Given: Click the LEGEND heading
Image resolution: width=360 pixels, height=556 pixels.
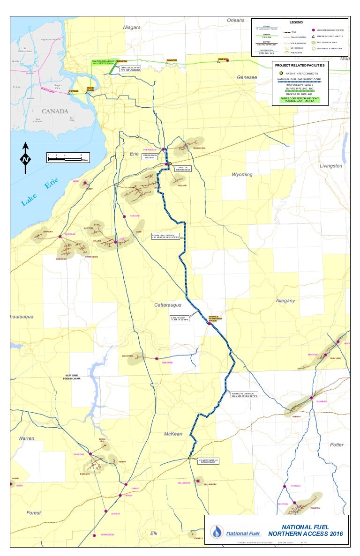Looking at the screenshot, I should click(x=296, y=22).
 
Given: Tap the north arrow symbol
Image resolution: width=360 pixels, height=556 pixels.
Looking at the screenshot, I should click(x=25, y=159).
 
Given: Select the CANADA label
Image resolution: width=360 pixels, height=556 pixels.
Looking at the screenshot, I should click(x=55, y=111).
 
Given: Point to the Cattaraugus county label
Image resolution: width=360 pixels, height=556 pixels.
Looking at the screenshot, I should click(x=168, y=305).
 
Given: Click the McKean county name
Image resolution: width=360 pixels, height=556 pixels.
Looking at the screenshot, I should click(x=173, y=434).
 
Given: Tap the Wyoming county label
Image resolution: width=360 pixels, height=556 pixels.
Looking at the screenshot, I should click(x=242, y=175).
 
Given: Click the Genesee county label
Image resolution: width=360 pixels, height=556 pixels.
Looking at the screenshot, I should click(x=247, y=77).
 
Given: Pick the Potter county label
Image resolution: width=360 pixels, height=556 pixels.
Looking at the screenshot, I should click(x=337, y=445).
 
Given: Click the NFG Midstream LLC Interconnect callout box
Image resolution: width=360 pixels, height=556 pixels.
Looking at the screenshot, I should click(x=208, y=461).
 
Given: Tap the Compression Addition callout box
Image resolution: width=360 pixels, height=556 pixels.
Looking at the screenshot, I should click(x=150, y=156).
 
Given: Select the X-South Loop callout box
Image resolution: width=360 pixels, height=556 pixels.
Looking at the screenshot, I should click(x=180, y=319).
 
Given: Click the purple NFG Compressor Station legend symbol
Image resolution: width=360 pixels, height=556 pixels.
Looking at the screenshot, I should click(x=313, y=30).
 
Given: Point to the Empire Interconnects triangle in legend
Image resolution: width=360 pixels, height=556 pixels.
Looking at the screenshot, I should click(x=313, y=36).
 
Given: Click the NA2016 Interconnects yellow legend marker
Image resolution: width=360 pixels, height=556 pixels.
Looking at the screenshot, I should click(x=280, y=74).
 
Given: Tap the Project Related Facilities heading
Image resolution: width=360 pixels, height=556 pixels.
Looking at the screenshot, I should click(x=300, y=66).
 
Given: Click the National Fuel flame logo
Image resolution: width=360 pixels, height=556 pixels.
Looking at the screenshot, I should click(x=217, y=533).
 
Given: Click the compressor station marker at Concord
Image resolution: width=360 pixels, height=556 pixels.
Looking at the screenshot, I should click(x=124, y=216).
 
